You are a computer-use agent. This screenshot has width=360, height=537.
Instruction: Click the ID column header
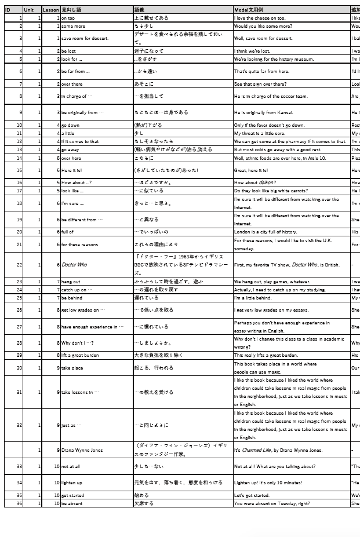click(x=8, y=10)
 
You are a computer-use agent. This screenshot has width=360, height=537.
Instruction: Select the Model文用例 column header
click(x=249, y=10)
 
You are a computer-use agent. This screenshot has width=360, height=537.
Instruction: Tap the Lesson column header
click(x=50, y=10)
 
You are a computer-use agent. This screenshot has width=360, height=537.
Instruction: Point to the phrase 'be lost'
click(x=68, y=51)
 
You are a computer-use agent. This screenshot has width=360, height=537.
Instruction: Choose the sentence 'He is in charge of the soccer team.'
click(x=271, y=96)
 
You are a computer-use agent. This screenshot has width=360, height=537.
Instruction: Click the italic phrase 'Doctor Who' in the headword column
click(x=74, y=265)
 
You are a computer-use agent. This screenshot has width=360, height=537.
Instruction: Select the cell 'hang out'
click(x=71, y=282)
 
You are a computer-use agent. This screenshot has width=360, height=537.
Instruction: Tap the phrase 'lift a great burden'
click(x=80, y=355)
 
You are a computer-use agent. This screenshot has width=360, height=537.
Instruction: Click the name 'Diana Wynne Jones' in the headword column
click(x=82, y=450)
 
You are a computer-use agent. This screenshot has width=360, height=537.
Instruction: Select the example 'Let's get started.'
click(x=252, y=495)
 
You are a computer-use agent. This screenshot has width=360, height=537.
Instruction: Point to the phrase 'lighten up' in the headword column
click(x=72, y=483)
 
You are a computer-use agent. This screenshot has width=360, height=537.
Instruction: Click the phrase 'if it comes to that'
click(x=80, y=141)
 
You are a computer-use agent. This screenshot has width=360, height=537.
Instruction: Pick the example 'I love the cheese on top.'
click(x=260, y=18)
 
